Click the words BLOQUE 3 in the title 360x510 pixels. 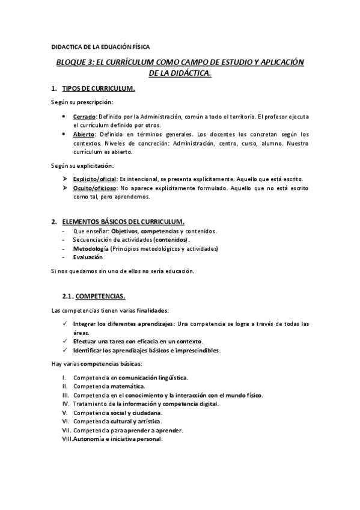pyautogui.click(x=75, y=62)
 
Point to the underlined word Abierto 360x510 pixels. pyautogui.click(x=84, y=134)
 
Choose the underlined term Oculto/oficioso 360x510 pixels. pyautogui.click(x=94, y=188)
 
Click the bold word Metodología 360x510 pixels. pyautogui.click(x=91, y=248)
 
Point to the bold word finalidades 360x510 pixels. pyautogui.click(x=151, y=310)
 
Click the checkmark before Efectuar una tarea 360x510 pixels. pyautogui.click(x=66, y=341)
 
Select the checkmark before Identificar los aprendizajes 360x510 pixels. pyautogui.click(x=66, y=349)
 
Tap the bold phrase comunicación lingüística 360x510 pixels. pyautogui.click(x=153, y=378)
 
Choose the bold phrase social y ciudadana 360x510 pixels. pyautogui.click(x=135, y=413)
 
